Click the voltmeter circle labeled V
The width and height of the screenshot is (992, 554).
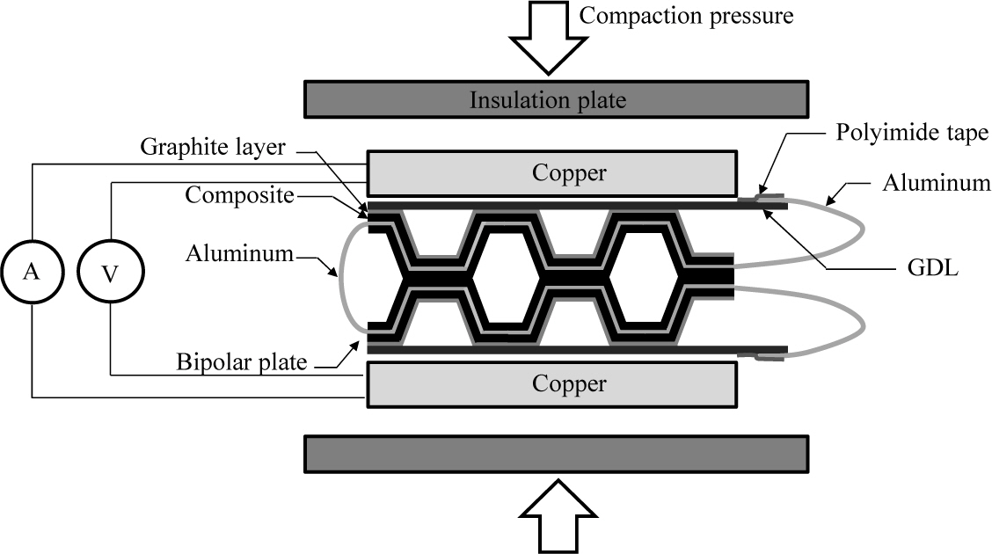pos(111,273)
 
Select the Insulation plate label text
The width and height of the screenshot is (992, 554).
pos(547,99)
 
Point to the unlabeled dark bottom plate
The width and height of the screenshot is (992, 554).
pos(555,454)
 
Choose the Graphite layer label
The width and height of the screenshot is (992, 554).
pos(213,147)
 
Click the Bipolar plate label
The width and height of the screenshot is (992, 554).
pos(241,361)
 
